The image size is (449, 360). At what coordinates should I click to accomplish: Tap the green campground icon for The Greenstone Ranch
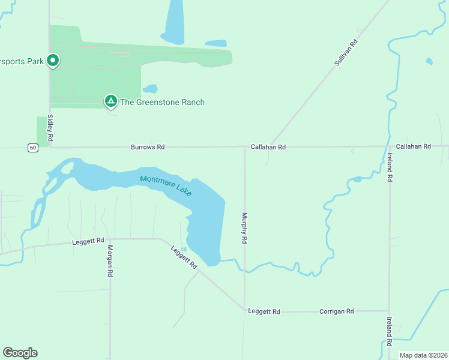pos(110,101)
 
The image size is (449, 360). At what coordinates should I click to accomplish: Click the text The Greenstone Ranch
pos(162,102)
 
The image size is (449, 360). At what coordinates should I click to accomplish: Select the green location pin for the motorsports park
pos(53,61)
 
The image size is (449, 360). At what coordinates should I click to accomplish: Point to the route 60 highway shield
pos(32,147)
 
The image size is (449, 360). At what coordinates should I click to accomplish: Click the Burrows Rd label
pos(148,147)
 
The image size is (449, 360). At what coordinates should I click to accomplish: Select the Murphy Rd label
pos(244,227)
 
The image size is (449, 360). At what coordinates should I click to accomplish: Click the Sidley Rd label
pos(51,129)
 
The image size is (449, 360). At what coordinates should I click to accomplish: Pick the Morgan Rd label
pos(110,261)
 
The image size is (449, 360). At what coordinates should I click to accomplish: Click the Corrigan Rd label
pos(336,311)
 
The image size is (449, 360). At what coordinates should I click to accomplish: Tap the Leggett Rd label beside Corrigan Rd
pos(264,311)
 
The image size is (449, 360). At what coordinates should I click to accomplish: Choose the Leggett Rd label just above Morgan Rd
pos(88,241)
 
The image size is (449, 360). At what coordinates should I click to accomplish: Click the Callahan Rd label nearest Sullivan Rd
pos(268,147)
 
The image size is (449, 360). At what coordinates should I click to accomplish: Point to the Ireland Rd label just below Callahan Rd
pos(390,167)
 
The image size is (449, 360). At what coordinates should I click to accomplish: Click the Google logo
pos(20,353)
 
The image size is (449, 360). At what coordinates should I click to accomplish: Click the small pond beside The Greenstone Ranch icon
pos(149,89)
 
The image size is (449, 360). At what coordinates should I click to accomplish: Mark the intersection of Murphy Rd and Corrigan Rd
pos(245,310)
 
